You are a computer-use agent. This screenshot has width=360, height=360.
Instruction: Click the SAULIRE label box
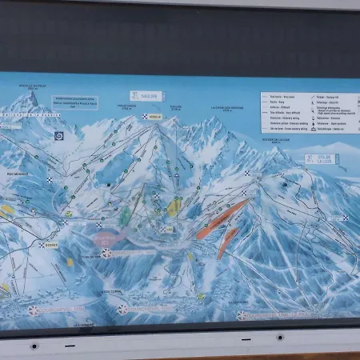coord(146,96)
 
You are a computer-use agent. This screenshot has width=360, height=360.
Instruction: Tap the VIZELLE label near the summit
coord(153,116)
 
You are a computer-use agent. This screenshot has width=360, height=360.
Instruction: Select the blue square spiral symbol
coord(59,136)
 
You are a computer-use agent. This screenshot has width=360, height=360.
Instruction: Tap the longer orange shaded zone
coord(222,218)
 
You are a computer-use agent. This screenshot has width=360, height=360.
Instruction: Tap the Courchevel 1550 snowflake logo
coord(122,309)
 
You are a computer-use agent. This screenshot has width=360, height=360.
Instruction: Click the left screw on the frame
coord(34,346)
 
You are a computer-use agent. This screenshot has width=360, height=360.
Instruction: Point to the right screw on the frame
coord(280,338)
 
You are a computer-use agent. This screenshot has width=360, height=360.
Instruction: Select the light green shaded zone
coord(125,216)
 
